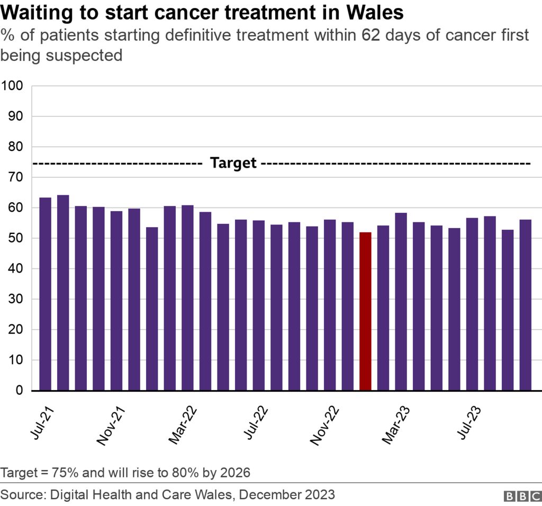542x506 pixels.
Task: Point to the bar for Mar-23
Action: tap(401, 302)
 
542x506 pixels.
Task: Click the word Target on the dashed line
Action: tap(233, 163)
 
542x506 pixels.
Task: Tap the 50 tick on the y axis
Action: tap(16, 238)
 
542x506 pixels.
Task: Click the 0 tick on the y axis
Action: tap(20, 391)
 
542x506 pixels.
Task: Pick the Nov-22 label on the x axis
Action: tap(324, 427)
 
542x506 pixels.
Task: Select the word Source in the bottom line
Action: tap(22, 494)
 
